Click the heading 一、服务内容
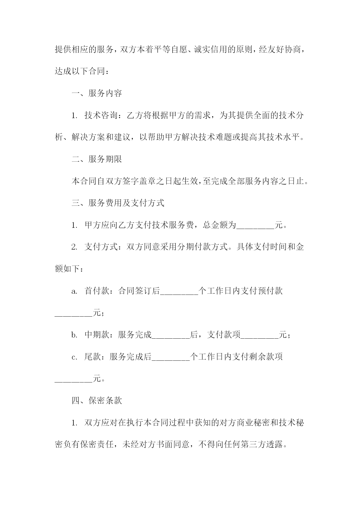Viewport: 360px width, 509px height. tap(97, 93)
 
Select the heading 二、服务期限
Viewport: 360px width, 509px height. tap(97, 159)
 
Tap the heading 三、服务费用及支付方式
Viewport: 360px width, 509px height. tap(118, 203)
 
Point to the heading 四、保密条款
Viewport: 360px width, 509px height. tap(97, 401)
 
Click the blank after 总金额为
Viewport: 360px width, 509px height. tap(256, 229)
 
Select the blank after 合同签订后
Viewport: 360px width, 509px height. tap(179, 295)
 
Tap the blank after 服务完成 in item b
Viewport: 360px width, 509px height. tap(171, 338)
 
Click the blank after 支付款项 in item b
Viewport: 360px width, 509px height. tap(260, 338)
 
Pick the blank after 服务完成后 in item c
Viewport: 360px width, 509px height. tap(171, 360)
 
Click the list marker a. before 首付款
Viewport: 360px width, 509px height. tap(74, 291)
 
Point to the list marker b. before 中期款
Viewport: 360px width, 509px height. tap(74, 335)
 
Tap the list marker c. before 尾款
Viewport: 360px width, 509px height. tap(74, 357)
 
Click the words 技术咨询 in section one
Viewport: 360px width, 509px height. tap(101, 115)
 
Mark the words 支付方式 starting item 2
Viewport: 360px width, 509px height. tap(101, 247)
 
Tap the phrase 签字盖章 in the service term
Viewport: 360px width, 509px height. tap(147, 181)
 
